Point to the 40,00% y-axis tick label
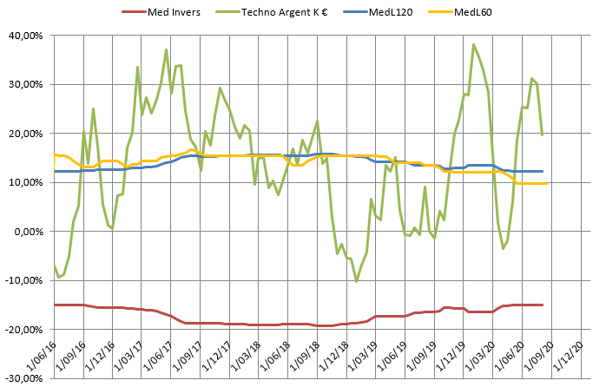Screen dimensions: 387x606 point(28,36)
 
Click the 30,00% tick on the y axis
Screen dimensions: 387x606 point(28,84)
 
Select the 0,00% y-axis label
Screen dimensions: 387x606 point(30,232)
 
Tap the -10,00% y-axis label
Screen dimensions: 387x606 point(26,280)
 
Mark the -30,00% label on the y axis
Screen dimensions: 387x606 point(26,378)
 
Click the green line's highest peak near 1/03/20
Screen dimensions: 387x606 point(473,44)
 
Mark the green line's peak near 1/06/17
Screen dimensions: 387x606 point(166,49)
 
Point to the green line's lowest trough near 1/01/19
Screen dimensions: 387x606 point(356,281)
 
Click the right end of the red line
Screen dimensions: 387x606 point(543,305)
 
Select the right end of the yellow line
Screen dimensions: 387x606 point(547,183)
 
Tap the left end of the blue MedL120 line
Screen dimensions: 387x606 point(54,171)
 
